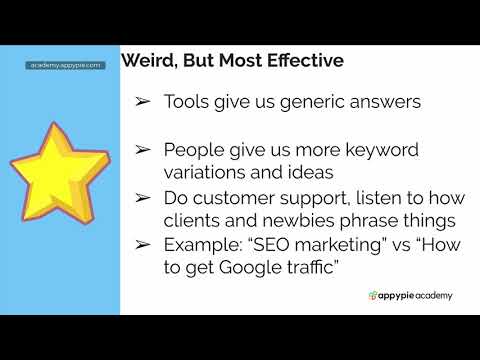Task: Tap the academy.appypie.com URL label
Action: pos(66,65)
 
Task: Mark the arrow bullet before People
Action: pos(143,150)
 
